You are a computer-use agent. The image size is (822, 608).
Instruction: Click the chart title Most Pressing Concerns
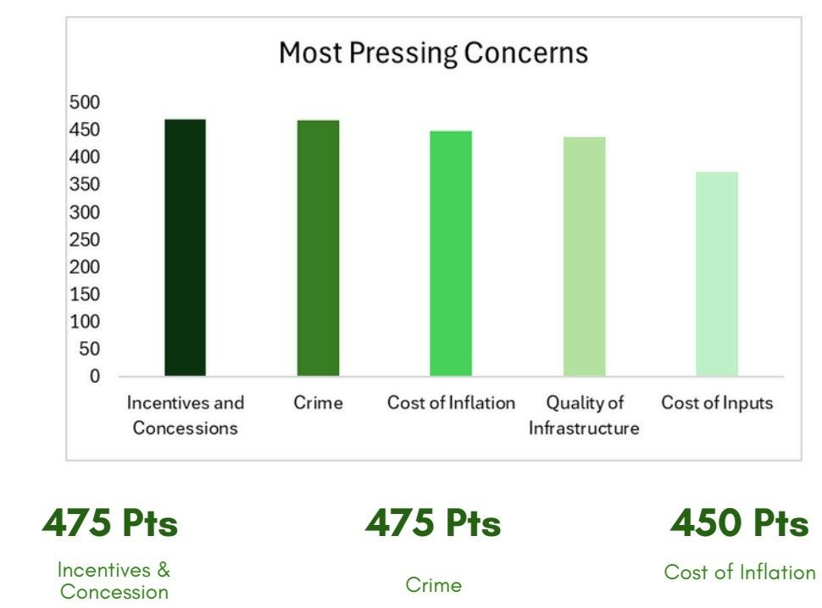click(433, 53)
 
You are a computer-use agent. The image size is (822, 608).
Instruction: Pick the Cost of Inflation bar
click(451, 254)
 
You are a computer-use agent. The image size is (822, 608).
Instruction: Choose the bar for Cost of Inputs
click(717, 274)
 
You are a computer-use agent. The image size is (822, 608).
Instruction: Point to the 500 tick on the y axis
click(84, 102)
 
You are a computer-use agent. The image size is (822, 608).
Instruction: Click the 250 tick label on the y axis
click(84, 240)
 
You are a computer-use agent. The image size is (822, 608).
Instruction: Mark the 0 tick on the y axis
click(95, 376)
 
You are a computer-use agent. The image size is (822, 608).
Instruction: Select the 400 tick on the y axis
click(84, 158)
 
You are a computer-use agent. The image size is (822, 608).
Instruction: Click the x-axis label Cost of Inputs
click(717, 402)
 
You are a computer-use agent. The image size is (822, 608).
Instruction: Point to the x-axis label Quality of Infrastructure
click(584, 415)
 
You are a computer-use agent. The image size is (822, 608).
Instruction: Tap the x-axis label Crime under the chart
click(318, 402)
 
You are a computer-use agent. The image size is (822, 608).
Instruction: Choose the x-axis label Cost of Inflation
click(451, 402)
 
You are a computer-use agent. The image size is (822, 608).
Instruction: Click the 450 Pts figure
click(739, 524)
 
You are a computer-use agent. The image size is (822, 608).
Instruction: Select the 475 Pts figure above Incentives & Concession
click(110, 524)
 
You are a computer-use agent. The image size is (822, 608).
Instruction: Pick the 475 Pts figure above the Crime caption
click(433, 524)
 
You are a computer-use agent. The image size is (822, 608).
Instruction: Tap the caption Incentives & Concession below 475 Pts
click(114, 580)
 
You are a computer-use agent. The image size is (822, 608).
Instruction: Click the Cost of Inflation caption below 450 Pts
click(739, 572)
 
